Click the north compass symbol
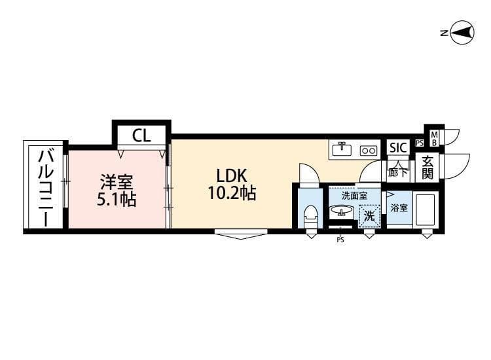[462, 33]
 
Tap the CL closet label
[141, 136]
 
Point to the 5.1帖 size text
[117, 199]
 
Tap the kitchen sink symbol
[342, 149]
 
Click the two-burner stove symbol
[369, 150]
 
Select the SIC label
[398, 148]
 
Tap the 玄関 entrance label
[427, 168]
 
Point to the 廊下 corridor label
[397, 173]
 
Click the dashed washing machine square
[369, 214]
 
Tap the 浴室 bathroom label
[399, 207]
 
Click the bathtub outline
[426, 209]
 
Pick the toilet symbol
[311, 215]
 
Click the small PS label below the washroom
[340, 240]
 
